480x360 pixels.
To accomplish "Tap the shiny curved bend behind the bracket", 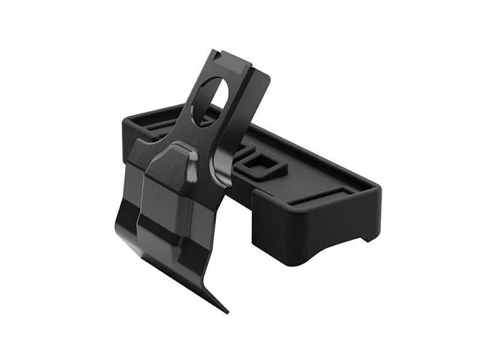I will tap(218, 162).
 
